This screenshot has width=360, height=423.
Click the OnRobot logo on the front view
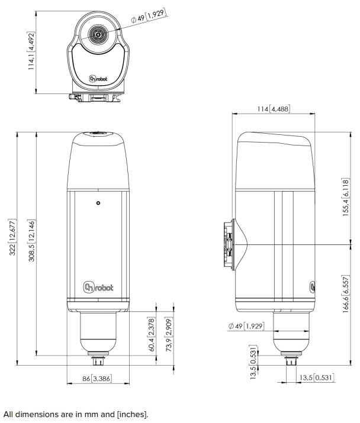click(x=98, y=288)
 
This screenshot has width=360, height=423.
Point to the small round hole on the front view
click(x=98, y=203)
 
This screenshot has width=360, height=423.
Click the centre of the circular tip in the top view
click(x=98, y=34)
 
